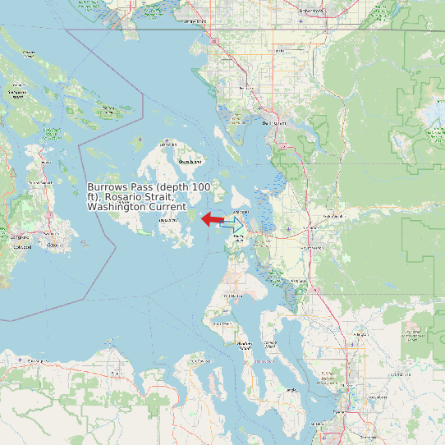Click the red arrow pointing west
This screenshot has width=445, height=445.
click(x=211, y=219)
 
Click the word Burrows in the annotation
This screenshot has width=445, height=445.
click(x=108, y=188)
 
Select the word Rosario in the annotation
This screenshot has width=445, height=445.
click(x=128, y=198)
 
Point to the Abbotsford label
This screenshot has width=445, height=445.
click(x=311, y=11)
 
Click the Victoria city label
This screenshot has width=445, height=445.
click(x=53, y=245)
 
